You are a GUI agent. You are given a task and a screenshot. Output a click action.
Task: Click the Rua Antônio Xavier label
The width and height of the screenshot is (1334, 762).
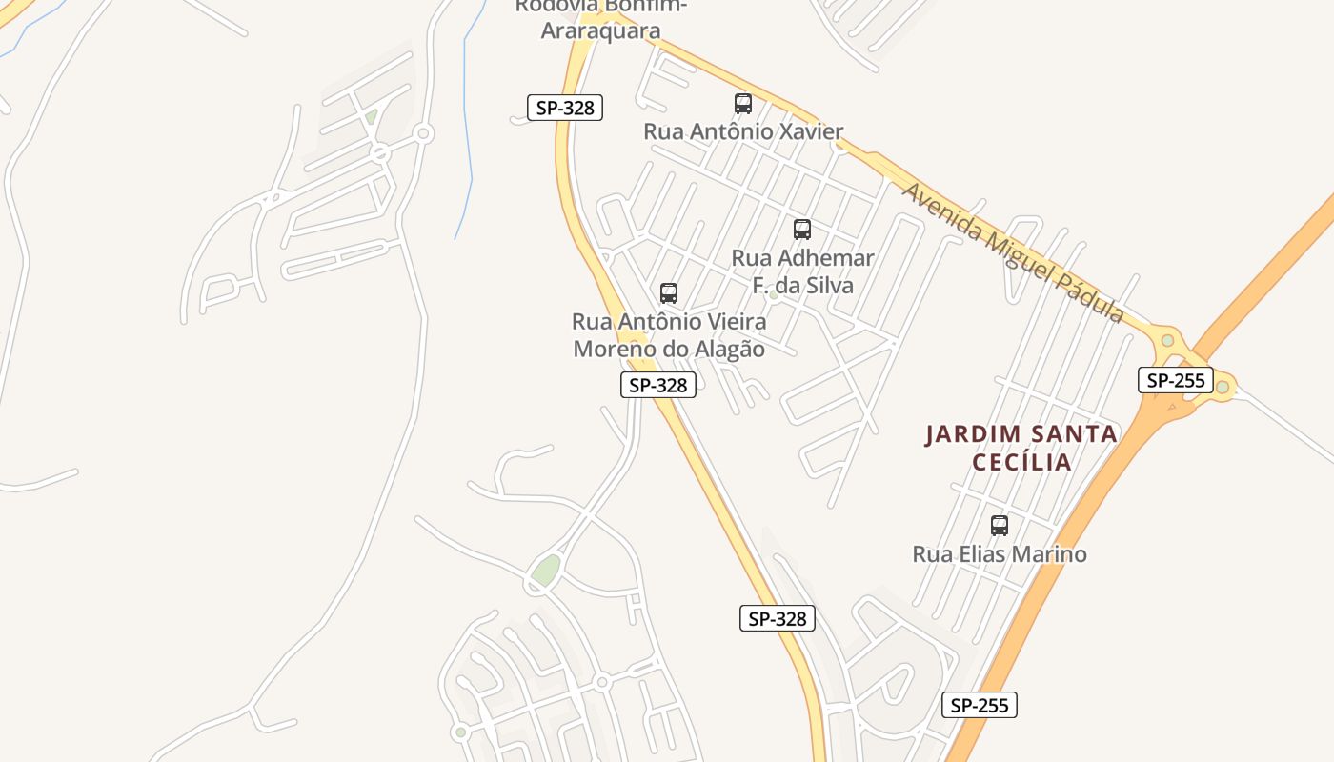pos(743,131)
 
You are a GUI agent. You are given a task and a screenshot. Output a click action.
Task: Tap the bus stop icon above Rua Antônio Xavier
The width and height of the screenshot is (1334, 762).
pos(743,104)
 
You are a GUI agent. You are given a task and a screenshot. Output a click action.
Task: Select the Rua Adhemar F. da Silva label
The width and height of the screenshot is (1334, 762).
pos(802,271)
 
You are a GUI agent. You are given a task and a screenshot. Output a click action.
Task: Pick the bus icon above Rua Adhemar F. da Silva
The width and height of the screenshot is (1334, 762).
pos(802,230)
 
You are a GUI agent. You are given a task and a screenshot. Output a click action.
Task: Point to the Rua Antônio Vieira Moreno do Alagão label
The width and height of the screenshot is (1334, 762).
pos(669,335)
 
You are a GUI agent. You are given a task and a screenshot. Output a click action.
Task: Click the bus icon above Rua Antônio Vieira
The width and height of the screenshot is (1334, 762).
pos(669,293)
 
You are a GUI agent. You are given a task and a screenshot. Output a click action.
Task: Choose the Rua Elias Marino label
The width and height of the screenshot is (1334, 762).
pos(1000,554)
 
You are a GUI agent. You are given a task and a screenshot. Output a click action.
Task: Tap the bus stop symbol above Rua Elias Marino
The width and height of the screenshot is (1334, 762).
pos(1000,526)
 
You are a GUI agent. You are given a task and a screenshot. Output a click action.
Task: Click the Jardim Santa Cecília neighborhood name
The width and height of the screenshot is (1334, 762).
pos(1021,448)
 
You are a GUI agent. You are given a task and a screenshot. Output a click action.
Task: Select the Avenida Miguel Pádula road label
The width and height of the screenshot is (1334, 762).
pos(1014,253)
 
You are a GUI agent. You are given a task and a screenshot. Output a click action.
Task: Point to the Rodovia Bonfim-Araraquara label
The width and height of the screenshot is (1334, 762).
pos(601,19)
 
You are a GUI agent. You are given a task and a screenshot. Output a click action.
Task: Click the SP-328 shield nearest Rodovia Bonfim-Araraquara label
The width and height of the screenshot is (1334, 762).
pos(565,108)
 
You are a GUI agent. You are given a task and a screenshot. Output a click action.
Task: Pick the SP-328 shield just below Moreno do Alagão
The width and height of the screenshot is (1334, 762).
pos(658,385)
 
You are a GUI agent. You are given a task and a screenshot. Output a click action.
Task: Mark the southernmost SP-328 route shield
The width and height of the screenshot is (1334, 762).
pos(778,618)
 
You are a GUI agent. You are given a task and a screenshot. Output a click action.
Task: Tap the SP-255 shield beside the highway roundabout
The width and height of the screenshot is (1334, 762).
pos(1176,381)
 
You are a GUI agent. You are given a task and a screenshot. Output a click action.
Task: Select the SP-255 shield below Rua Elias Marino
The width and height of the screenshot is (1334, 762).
pos(980,705)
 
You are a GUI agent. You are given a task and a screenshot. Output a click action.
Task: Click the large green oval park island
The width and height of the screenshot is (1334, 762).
pos(546,570)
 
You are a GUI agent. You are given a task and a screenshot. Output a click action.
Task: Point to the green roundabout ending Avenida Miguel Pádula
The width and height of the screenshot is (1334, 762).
pos(1167,340)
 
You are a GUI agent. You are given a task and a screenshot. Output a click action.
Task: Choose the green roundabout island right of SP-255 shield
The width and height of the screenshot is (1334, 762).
pos(1223,387)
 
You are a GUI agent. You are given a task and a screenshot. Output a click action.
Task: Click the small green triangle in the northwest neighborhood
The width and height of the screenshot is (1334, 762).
pos(371,116)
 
